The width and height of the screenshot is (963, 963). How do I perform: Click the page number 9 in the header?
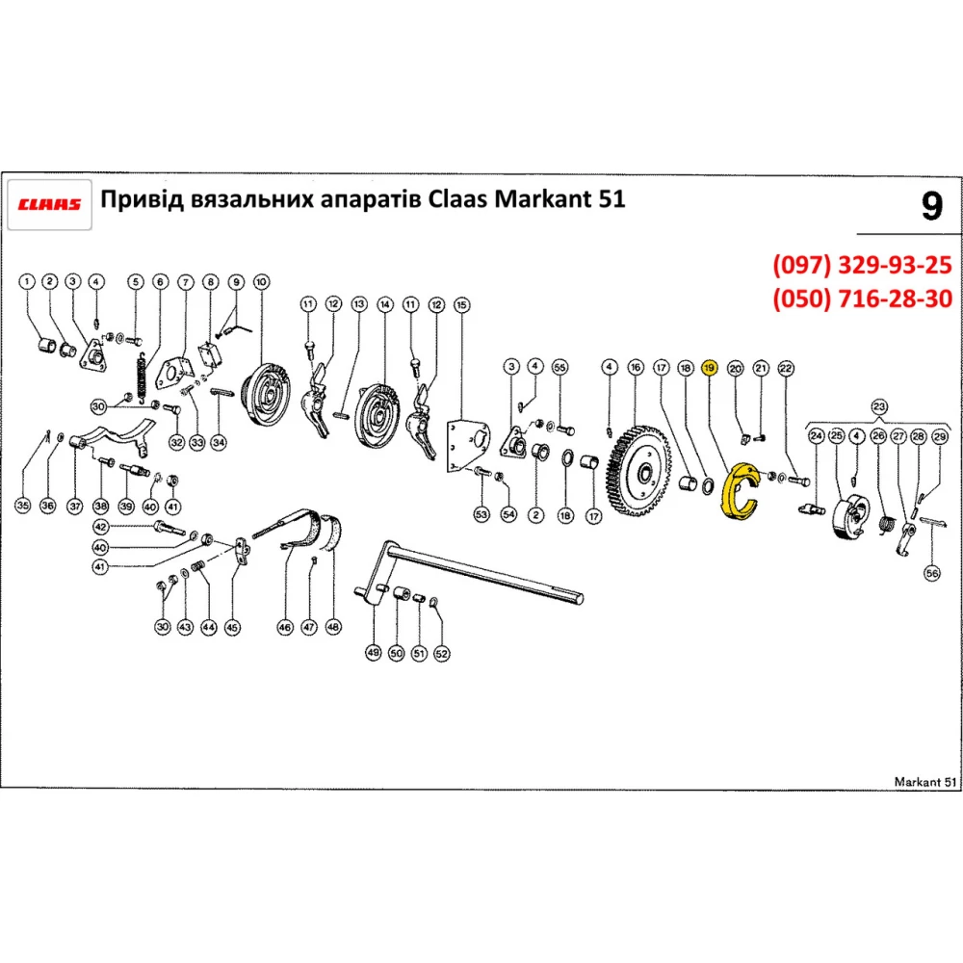(930, 207)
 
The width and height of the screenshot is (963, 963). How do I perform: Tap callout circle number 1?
(27, 281)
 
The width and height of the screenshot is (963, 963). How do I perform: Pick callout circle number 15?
(461, 305)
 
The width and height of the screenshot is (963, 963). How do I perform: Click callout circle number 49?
(374, 653)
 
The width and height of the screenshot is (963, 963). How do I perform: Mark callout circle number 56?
(931, 573)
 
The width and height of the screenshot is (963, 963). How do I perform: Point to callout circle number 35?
(23, 504)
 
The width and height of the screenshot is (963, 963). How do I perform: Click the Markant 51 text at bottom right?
(923, 780)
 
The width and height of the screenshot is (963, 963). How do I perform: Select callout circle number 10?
(260, 281)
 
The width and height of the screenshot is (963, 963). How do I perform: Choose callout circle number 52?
(442, 653)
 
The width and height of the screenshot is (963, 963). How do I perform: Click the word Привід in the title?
(143, 199)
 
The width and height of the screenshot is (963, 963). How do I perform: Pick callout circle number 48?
(333, 626)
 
